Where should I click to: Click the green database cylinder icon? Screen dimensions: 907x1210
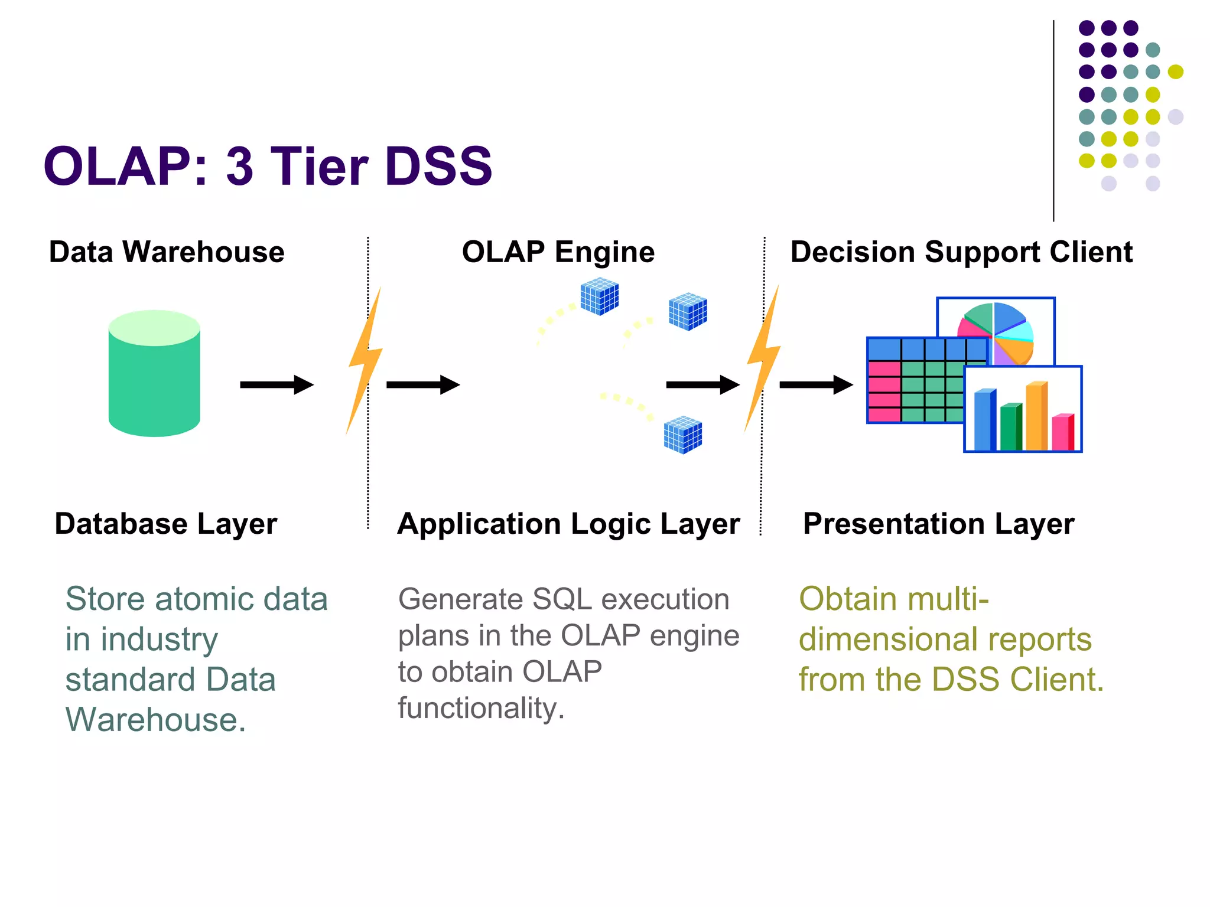[154, 374]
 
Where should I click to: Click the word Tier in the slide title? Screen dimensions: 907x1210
[319, 167]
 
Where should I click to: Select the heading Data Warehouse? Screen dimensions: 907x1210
[167, 252]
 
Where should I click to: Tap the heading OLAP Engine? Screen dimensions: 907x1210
[558, 252]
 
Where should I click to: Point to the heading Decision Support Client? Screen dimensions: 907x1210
[961, 252]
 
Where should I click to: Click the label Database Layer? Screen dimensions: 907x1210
[165, 524]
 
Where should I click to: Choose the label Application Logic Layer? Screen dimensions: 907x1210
[568, 524]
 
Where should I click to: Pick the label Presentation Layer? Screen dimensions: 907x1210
[938, 524]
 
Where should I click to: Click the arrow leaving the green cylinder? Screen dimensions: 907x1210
[277, 385]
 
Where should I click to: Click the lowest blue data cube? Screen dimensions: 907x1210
[682, 435]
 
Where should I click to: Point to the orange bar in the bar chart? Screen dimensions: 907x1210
[1036, 416]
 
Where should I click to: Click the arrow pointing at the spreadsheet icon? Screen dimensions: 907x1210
[816, 385]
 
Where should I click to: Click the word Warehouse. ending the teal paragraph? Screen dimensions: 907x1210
[155, 720]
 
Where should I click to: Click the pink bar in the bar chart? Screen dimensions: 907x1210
[1062, 432]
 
